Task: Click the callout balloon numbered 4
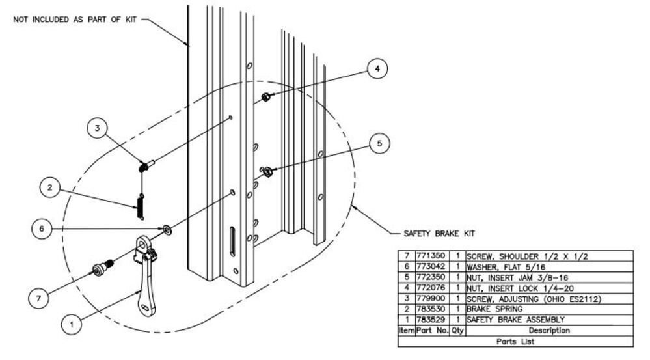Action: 377,68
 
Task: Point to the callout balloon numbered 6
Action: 41,228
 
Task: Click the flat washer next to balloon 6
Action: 167,229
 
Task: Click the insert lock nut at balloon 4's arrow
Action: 266,98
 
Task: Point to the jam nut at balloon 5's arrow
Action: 267,172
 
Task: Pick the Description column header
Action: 548,331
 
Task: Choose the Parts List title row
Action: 515,341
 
